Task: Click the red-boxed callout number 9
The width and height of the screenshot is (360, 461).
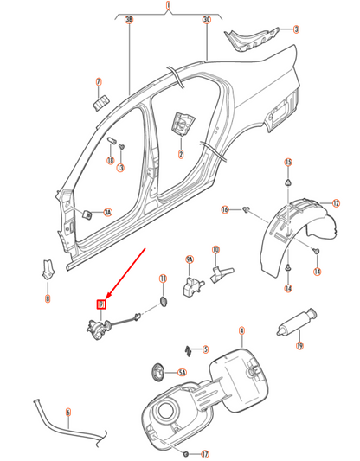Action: pos(101,304)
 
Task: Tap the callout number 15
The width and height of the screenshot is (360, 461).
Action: pos(289,163)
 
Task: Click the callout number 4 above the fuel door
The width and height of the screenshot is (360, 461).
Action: pos(241,330)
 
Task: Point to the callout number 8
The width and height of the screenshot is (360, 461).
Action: pos(48,298)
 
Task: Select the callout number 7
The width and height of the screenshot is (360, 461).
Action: pos(99,83)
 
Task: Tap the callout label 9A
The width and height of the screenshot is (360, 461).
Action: pos(190,259)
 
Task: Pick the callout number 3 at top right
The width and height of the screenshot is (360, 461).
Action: pos(296,30)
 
